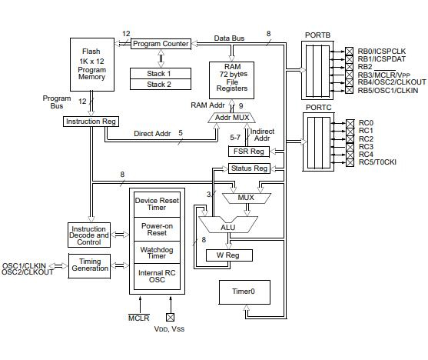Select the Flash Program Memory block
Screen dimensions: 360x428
click(x=91, y=64)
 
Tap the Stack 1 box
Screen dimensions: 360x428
click(x=160, y=73)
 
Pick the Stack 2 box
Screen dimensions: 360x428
click(x=160, y=84)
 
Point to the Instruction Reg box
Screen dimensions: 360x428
click(x=91, y=122)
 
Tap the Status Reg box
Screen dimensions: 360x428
click(x=248, y=168)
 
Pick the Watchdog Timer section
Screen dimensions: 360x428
click(x=156, y=252)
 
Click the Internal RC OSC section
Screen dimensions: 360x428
click(x=156, y=277)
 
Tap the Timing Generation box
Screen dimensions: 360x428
click(x=90, y=265)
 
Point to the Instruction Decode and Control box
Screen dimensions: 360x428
click(x=90, y=235)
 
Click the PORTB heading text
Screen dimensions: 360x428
click(x=317, y=35)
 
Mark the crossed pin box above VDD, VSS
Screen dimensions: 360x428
click(x=170, y=316)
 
